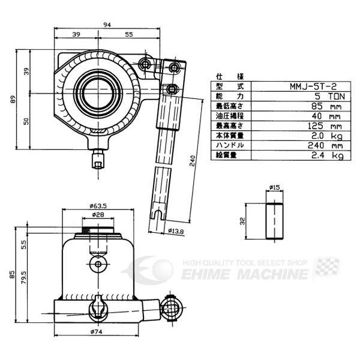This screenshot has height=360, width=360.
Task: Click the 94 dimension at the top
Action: (x=106, y=25)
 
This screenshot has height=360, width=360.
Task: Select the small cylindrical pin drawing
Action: (x=274, y=221)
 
